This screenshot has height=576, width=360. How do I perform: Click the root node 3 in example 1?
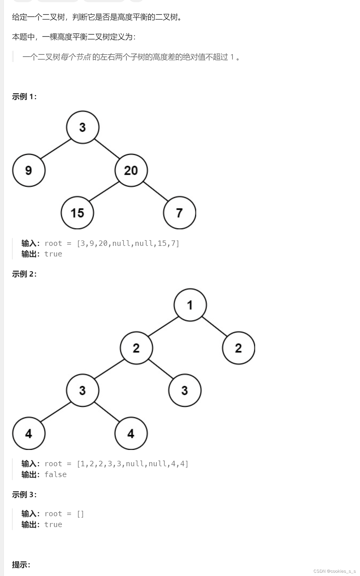(x=83, y=127)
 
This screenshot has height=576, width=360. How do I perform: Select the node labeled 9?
(x=29, y=170)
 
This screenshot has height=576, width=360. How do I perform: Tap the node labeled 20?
(x=131, y=170)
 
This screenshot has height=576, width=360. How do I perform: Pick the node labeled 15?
(x=77, y=213)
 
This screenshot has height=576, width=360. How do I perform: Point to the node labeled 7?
(x=180, y=213)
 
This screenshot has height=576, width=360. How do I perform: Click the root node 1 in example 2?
(x=190, y=305)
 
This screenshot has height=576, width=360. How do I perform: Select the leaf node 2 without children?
(x=239, y=348)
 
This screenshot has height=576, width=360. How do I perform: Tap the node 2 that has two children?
(x=136, y=348)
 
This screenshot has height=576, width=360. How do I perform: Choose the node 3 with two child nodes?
(x=83, y=390)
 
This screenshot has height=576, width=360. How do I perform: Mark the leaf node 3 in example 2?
(x=185, y=390)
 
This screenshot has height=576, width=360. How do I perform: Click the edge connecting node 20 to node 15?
(x=104, y=192)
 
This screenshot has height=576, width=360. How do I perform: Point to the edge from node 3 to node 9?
(x=56, y=149)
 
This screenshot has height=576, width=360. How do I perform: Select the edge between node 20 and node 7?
(x=155, y=191)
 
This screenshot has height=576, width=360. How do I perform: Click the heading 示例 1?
(x=24, y=96)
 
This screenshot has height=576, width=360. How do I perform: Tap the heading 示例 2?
(x=24, y=274)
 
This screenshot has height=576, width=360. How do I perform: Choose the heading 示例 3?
(x=24, y=495)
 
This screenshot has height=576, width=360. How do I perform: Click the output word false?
(x=55, y=475)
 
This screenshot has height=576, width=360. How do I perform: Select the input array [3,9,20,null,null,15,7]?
(x=128, y=243)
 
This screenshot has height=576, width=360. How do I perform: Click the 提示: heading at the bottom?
(x=21, y=565)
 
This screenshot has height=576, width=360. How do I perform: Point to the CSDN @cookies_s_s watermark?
(x=334, y=571)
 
